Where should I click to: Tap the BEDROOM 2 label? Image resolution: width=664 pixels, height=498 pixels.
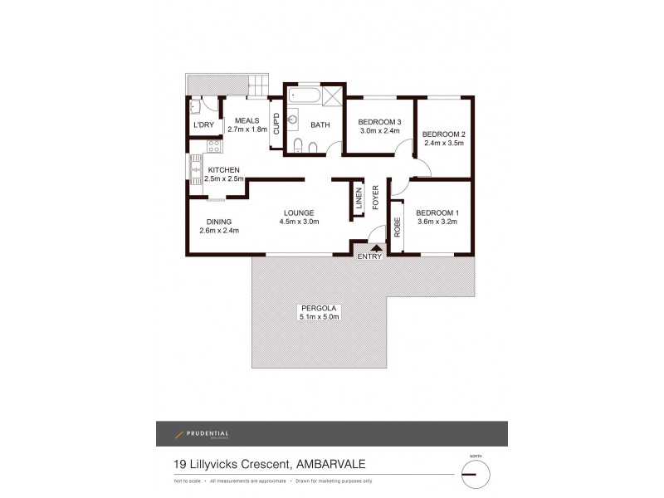point(443,134)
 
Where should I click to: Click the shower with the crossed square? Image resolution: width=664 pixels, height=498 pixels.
point(330,97)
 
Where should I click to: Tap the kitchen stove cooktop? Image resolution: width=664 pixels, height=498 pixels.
point(212,148)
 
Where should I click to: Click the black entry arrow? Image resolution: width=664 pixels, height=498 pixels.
point(376,247)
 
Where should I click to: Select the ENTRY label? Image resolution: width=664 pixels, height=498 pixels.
point(369,256)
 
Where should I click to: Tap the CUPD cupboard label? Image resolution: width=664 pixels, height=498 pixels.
point(276,125)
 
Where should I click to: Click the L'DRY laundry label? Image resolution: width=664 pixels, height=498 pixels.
point(203,125)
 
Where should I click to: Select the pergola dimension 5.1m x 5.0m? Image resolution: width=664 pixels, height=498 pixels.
point(320,316)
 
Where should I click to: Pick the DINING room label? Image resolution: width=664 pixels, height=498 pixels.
point(219,222)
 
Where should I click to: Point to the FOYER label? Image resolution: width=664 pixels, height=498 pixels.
point(375,198)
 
